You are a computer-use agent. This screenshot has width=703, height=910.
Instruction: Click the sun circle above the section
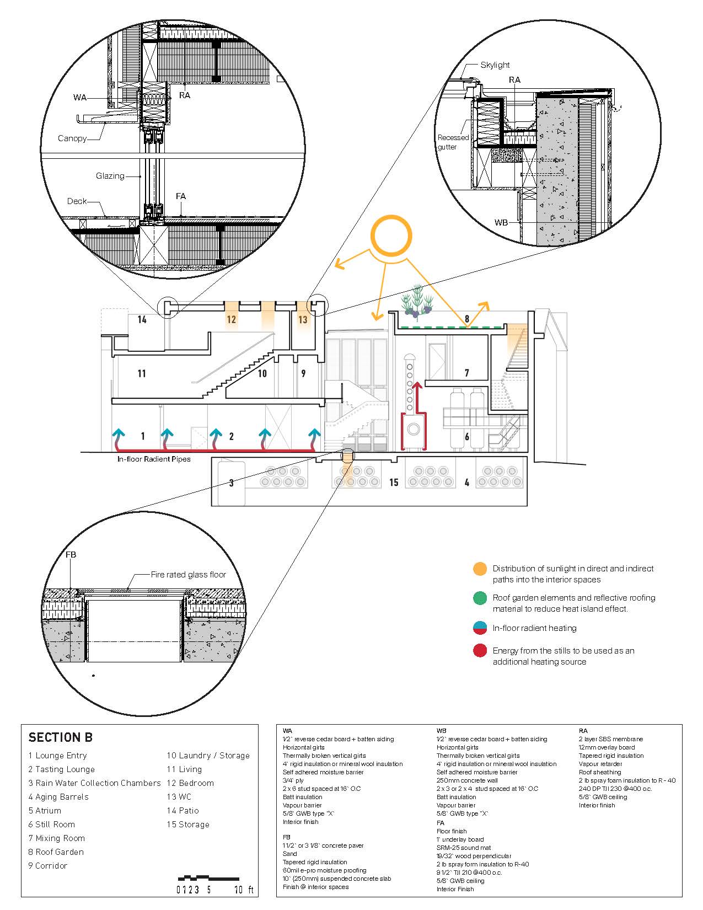pyautogui.click(x=391, y=235)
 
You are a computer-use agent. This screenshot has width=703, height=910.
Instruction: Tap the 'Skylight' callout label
pyautogui.click(x=495, y=65)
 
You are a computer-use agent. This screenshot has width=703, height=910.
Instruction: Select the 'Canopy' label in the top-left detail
pyautogui.click(x=72, y=138)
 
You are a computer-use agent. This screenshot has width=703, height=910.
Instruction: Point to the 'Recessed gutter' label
pyautogui.click(x=453, y=142)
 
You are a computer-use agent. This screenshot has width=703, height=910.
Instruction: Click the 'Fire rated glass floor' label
pyautogui.click(x=188, y=575)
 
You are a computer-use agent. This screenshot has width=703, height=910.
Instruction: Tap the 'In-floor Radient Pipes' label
pyautogui.click(x=154, y=459)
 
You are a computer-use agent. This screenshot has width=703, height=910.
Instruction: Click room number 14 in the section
pyautogui.click(x=142, y=319)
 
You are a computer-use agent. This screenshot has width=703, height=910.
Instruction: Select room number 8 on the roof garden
pyautogui.click(x=467, y=319)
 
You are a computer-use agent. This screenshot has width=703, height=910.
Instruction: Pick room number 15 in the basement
pyautogui.click(x=394, y=483)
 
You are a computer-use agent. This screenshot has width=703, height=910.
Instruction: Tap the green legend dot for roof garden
pyautogui.click(x=480, y=598)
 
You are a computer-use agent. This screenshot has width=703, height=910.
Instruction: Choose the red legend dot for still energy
pyautogui.click(x=480, y=651)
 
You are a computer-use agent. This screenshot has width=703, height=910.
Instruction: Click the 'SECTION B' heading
pyautogui.click(x=61, y=737)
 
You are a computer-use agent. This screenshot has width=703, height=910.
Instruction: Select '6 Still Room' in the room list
pyautogui.click(x=52, y=825)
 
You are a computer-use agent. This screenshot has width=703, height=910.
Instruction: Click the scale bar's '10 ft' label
pyautogui.click(x=244, y=890)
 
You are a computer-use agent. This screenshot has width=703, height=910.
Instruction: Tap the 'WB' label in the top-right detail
pyautogui.click(x=501, y=223)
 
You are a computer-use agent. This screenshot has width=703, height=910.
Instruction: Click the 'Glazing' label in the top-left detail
pyautogui.click(x=110, y=176)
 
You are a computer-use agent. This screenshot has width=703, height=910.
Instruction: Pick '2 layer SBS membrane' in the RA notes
pyautogui.click(x=610, y=739)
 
